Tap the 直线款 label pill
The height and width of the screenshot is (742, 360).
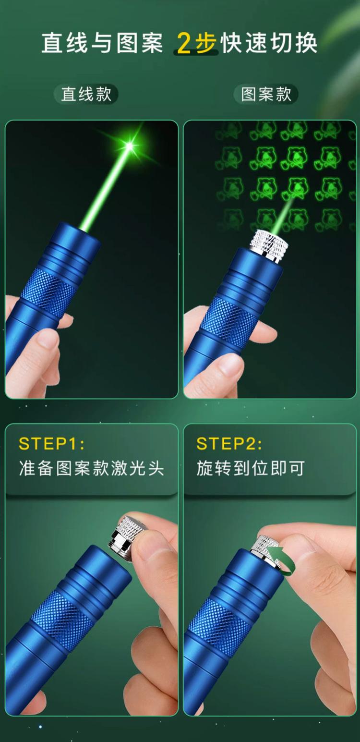(x=86, y=94)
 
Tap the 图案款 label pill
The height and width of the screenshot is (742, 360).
(x=266, y=94)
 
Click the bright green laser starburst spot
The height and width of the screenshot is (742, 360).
(x=130, y=146)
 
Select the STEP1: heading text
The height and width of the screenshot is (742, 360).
(x=51, y=444)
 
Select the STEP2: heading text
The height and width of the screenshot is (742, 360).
(x=229, y=444)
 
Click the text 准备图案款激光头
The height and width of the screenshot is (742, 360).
(x=91, y=468)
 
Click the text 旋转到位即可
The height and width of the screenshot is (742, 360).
(x=251, y=468)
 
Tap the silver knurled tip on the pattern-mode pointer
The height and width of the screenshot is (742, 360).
(x=269, y=245)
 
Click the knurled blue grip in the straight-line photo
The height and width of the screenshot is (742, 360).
(x=49, y=289)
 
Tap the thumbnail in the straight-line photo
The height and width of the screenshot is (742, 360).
(x=48, y=341)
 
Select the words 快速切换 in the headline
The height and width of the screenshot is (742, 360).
(x=269, y=43)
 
